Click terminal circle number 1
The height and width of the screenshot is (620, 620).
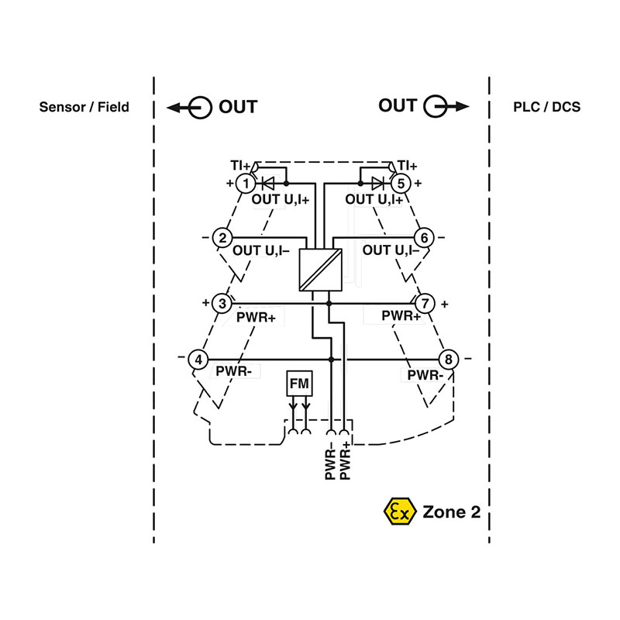coord(245,184)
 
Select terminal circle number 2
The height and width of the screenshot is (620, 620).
coord(222,237)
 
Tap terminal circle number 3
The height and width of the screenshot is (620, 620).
coord(222,304)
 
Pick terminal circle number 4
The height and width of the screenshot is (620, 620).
coord(199,360)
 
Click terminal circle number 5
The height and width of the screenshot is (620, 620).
coord(401,184)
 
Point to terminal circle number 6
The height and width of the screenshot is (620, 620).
coord(424,237)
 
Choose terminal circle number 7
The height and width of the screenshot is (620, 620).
coord(424,304)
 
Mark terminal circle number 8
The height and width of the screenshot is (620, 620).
coord(448,360)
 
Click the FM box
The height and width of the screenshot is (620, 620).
coord(298,384)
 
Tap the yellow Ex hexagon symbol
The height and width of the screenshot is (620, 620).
coord(398,511)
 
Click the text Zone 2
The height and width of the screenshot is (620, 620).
coord(456,511)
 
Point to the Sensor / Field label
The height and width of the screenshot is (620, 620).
coord(84,107)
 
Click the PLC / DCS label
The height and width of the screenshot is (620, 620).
coord(546,107)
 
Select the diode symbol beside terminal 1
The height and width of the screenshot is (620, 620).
coord(270,184)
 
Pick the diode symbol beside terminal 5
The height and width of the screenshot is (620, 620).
coord(377,184)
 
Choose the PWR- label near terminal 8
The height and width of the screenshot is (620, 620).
coord(425,376)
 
